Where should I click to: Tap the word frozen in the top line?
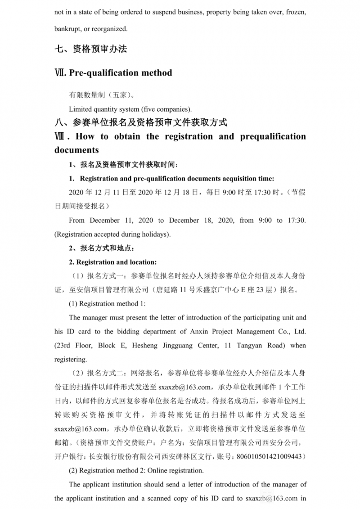pyautogui.click(x=295, y=12)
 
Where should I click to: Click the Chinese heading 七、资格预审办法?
pyautogui.click(x=91, y=50)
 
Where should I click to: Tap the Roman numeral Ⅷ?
pyautogui.click(x=62, y=137)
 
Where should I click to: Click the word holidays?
pyautogui.click(x=155, y=234)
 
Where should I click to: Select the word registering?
pyautogui.click(x=70, y=360)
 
